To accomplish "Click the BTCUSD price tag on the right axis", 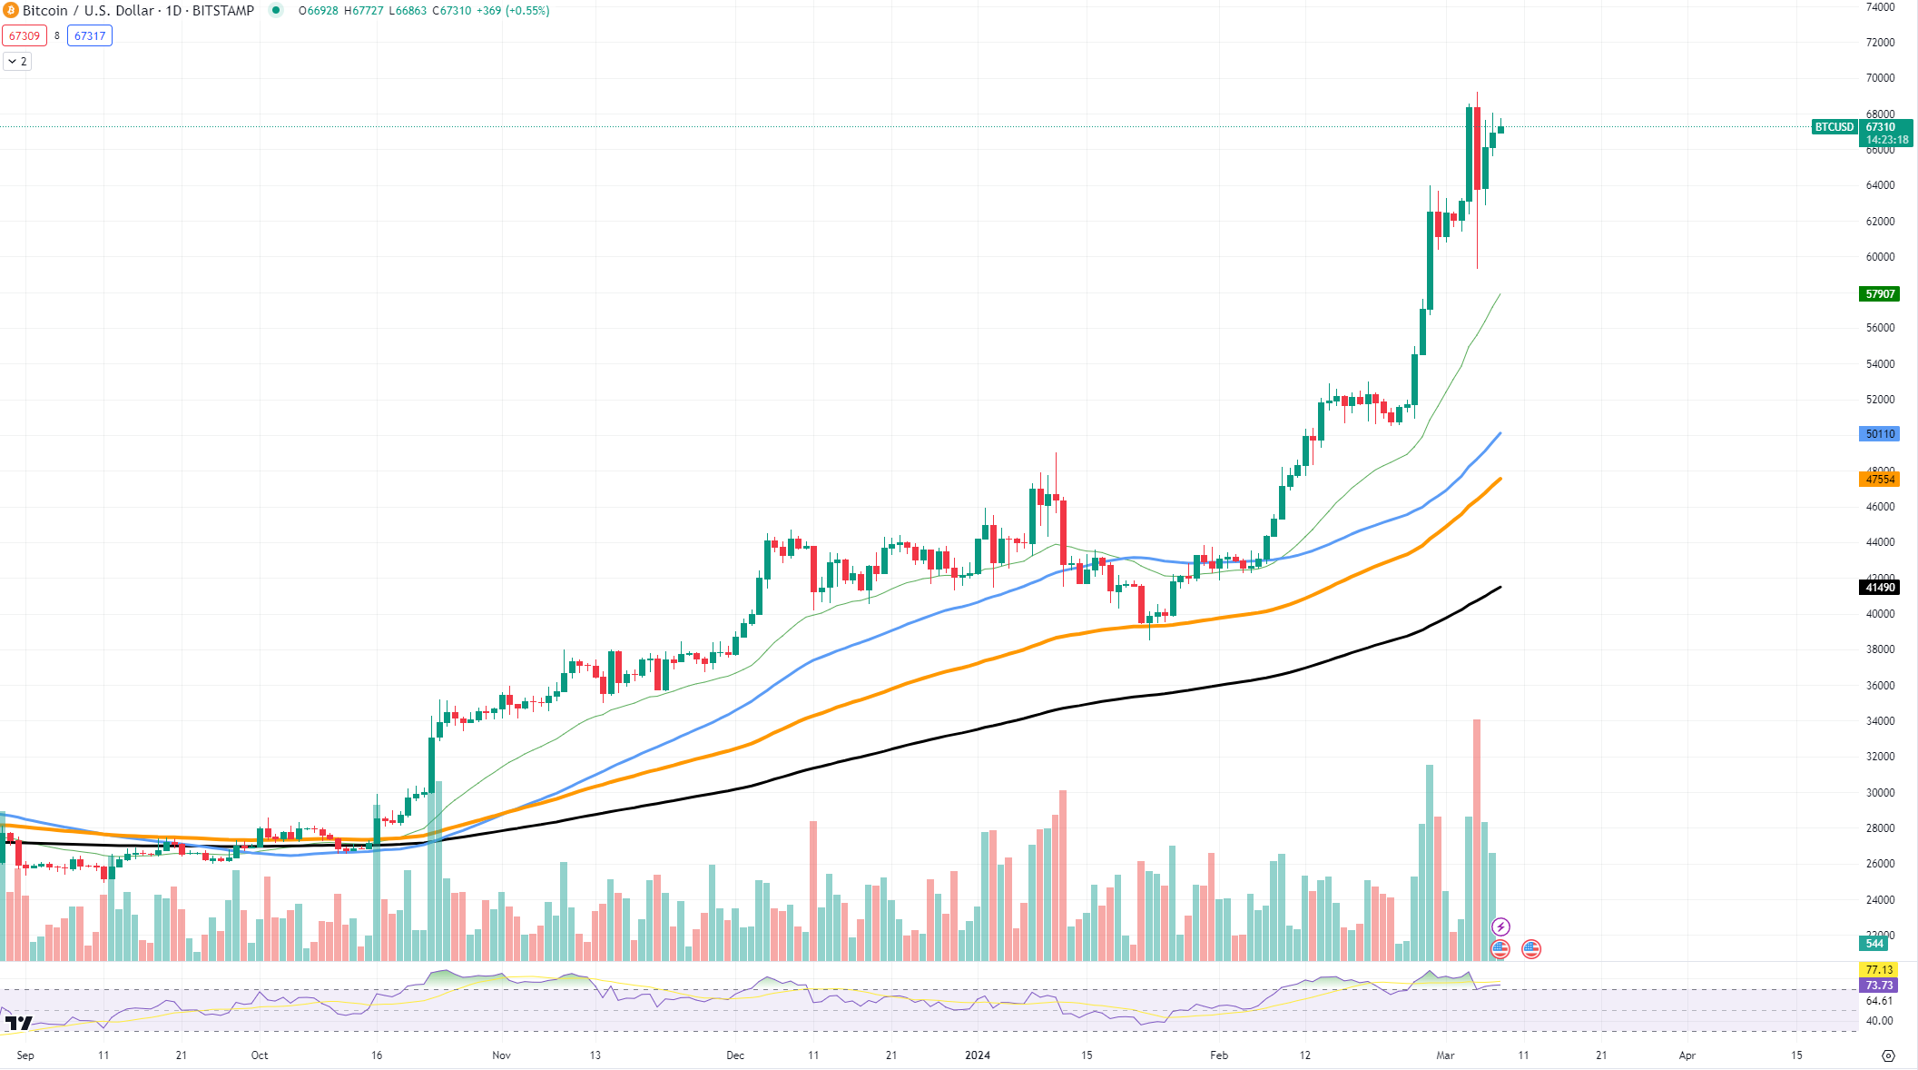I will click(x=1834, y=127).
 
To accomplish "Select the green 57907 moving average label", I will click(x=1879, y=294).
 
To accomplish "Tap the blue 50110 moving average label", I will click(x=1879, y=434).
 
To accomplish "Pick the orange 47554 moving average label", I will click(x=1879, y=480).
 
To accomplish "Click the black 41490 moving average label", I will click(x=1879, y=588).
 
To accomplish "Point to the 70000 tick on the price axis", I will click(x=1880, y=78).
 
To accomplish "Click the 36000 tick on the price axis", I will click(x=1880, y=686).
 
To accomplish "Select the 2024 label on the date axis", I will click(x=978, y=1055).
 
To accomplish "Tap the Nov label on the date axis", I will click(x=501, y=1055).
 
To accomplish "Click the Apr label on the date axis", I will click(x=1687, y=1055).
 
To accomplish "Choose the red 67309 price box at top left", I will click(x=25, y=36).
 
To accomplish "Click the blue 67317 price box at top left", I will click(x=90, y=36).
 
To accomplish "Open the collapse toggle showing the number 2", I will click(x=17, y=62).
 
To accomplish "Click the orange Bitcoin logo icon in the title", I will click(x=10, y=11).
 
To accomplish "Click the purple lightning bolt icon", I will click(x=1501, y=927).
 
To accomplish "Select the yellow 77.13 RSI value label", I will click(x=1879, y=970).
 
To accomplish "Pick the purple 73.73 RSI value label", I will click(x=1879, y=986).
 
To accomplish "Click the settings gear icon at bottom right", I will click(x=1889, y=1055).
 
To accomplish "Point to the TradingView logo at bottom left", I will click(x=18, y=1024).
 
